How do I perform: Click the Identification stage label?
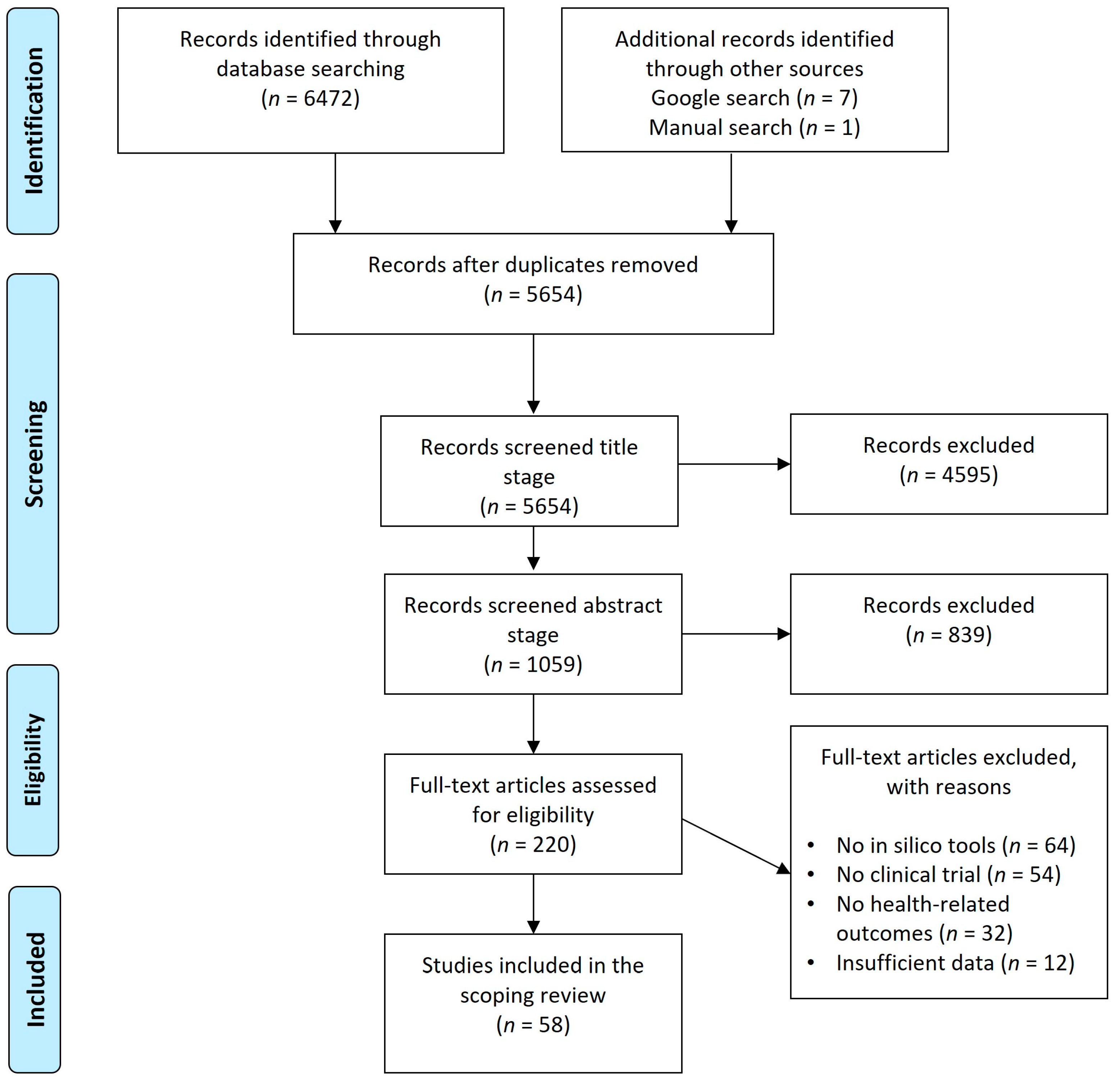(x=33, y=121)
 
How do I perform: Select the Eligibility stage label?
(x=33, y=760)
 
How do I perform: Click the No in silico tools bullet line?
(x=956, y=846)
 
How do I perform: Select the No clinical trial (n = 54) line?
(x=948, y=875)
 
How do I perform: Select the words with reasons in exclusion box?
(x=949, y=787)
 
